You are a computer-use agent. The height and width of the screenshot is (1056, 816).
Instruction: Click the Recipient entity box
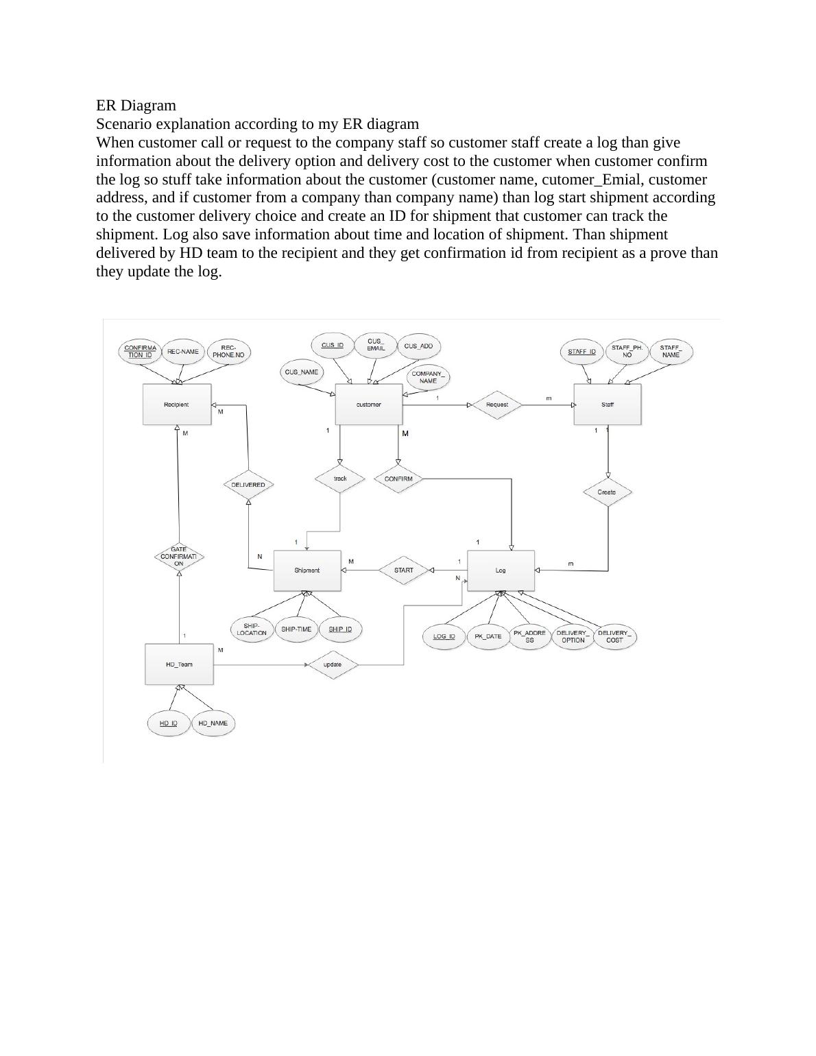coord(177,405)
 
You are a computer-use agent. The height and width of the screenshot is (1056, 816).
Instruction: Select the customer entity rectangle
coord(368,405)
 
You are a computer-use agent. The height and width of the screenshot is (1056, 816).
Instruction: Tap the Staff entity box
coord(607,405)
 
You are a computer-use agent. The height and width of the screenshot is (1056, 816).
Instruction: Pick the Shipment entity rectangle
coord(307,571)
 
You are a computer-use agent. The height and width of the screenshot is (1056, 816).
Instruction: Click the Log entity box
coord(501,571)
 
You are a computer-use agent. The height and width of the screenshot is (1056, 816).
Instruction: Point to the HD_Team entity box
coord(179,664)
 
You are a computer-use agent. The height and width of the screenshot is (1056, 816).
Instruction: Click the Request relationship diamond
coord(497,405)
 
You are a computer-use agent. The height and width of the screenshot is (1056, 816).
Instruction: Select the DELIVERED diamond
coord(248,485)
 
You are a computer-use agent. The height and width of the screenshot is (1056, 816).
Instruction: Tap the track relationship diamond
coord(340,479)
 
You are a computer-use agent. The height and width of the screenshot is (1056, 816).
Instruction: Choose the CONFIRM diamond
coord(398,479)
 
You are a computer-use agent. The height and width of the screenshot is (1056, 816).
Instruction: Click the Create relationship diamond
coord(607,492)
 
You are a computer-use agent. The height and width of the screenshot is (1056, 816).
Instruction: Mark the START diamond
coord(404,570)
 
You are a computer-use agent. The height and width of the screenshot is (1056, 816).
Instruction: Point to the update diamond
coord(333,664)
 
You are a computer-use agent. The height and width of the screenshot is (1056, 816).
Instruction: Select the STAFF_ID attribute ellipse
coord(582,352)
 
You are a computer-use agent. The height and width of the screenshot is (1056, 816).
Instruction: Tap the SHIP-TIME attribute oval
coord(296,629)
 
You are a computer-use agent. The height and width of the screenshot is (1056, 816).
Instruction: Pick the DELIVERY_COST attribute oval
coord(614,636)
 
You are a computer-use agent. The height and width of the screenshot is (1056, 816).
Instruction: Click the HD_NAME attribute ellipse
coord(213,723)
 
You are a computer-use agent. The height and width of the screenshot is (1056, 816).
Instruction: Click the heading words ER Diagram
coord(136,106)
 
